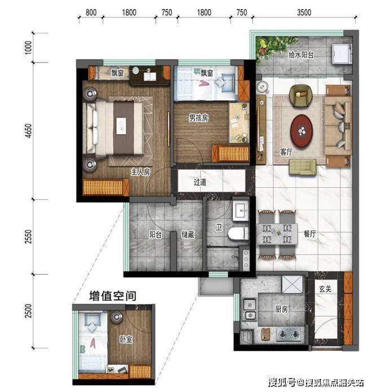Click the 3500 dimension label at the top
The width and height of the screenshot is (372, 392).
(304, 12)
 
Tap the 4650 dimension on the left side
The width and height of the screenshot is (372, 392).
(29, 130)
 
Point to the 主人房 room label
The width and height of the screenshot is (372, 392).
(140, 172)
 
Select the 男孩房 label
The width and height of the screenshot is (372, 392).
(198, 117)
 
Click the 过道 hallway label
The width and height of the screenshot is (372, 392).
(200, 182)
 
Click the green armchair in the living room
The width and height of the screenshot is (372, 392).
(301, 96)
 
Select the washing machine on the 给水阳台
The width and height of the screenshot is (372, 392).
(342, 53)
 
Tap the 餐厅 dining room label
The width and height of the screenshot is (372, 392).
(310, 234)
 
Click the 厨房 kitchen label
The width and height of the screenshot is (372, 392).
(282, 309)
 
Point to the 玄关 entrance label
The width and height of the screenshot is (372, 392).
(326, 289)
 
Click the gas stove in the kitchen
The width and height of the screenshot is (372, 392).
(289, 334)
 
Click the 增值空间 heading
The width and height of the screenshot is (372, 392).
(113, 296)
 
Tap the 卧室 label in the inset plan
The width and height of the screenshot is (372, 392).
(126, 339)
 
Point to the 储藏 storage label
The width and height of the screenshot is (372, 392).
(188, 235)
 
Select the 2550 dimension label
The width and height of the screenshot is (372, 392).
(29, 236)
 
